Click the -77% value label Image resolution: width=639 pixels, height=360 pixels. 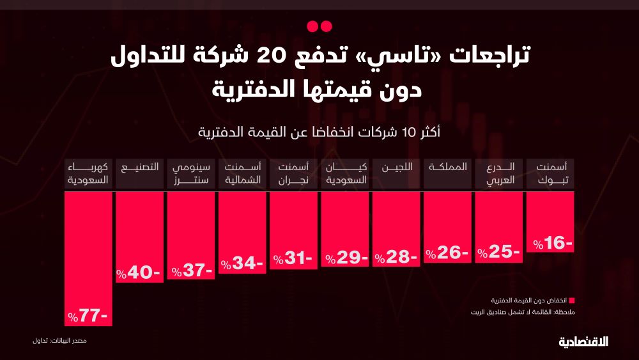[89, 316]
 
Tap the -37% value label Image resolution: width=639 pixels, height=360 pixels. [191, 270]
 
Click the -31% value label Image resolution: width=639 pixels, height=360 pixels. [293, 259]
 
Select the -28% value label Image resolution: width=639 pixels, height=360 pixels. [396, 257]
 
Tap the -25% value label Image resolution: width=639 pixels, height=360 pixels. [499, 253]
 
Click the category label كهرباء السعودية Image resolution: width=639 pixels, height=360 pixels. [89, 173]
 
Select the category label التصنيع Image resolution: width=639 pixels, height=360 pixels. [139, 168]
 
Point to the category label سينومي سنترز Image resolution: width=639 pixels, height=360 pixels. [190, 173]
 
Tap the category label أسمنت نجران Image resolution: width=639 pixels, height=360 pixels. [293, 173]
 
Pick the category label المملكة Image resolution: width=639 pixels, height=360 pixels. [448, 168]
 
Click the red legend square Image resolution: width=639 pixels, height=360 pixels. [572, 301]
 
